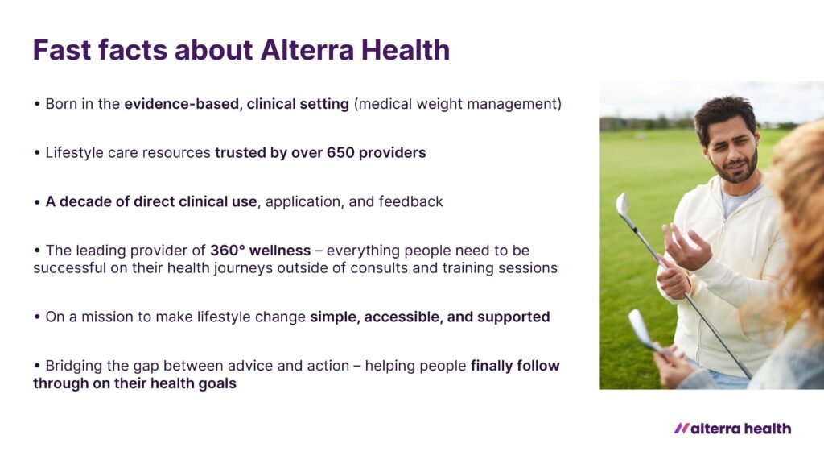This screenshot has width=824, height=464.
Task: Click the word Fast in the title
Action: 62,50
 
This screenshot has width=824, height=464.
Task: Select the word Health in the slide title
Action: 406,50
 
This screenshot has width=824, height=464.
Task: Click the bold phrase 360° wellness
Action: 260,251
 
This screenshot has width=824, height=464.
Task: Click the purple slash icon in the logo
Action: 682,429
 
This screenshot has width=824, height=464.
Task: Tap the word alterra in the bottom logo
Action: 715,429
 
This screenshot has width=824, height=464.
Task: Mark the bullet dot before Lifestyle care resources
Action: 37,153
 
